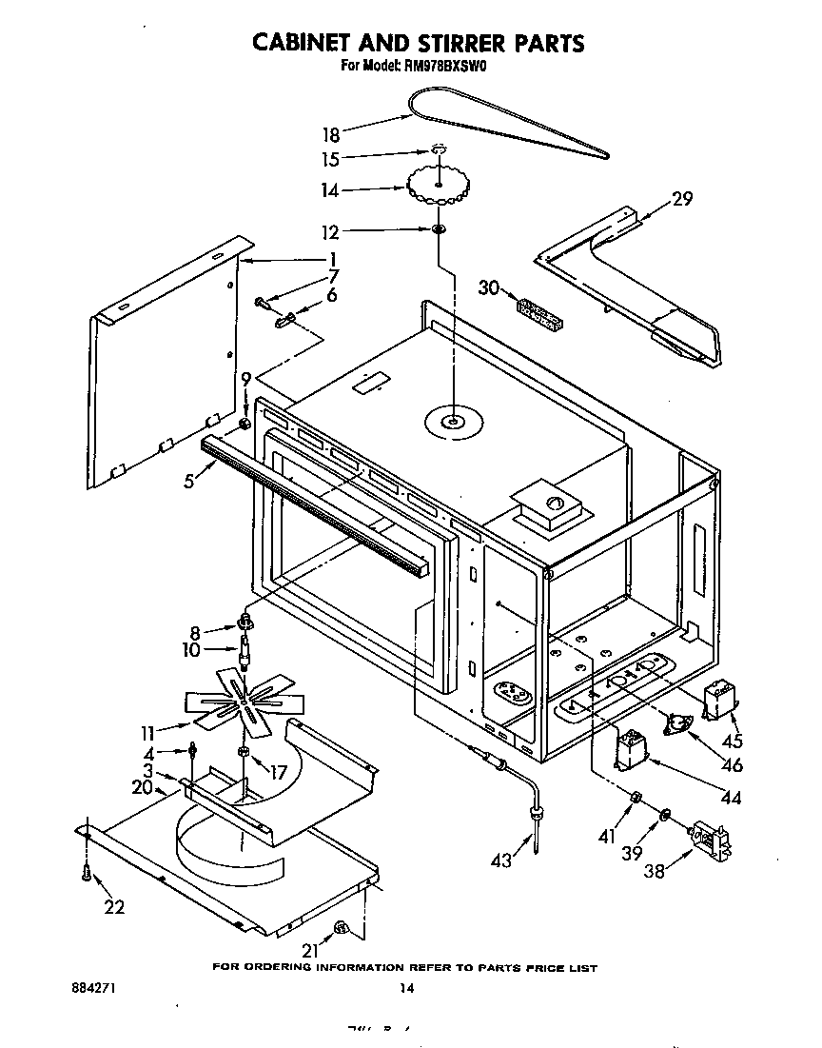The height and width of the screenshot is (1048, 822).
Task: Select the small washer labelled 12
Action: click(x=439, y=230)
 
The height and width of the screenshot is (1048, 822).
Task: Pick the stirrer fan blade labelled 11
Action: click(x=244, y=700)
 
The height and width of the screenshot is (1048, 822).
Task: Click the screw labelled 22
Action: click(x=87, y=870)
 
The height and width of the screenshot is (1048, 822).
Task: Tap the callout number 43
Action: click(x=501, y=860)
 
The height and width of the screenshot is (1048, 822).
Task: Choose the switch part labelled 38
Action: click(x=712, y=842)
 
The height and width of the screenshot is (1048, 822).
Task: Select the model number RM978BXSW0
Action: click(x=445, y=66)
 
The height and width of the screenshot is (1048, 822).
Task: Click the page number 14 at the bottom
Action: click(x=406, y=988)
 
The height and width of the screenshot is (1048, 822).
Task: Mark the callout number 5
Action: click(x=191, y=481)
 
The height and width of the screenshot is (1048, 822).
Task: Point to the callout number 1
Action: click(x=333, y=259)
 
